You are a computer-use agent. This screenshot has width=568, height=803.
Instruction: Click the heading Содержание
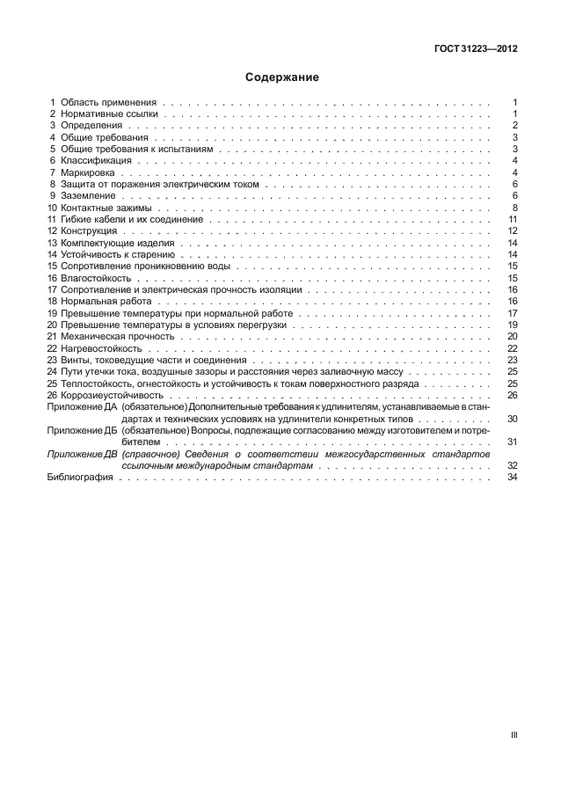pyautogui.click(x=282, y=77)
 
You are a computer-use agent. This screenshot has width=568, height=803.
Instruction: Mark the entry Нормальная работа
pyautogui.click(x=104, y=301)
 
